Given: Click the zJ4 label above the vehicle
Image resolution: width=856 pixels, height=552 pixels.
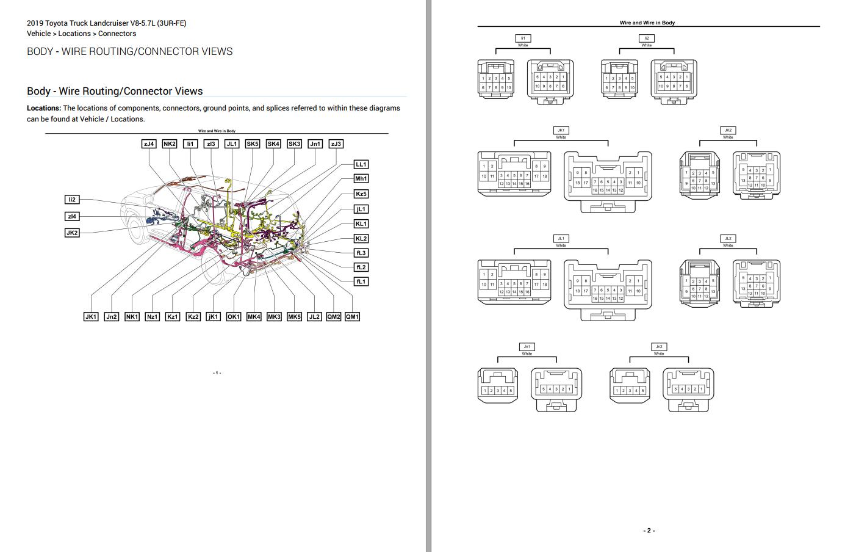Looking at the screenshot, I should click(x=149, y=144).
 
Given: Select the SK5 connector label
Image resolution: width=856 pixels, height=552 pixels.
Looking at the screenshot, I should click(x=252, y=144).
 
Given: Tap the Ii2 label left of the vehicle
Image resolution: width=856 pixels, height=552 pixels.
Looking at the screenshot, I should click(x=72, y=200).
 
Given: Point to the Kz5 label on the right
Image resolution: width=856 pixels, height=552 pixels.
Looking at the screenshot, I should click(x=361, y=194).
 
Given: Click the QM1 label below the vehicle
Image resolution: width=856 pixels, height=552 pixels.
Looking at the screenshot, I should click(x=352, y=317).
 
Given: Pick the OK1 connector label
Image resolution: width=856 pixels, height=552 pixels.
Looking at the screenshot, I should click(x=233, y=317).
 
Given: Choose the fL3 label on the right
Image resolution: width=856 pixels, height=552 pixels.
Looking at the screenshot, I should click(x=361, y=253).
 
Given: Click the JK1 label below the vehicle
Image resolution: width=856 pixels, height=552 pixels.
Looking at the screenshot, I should click(x=91, y=317).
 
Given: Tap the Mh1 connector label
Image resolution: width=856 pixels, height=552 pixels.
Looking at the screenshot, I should click(x=361, y=179).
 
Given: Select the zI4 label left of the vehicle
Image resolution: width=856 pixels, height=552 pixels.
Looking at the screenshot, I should click(x=72, y=216).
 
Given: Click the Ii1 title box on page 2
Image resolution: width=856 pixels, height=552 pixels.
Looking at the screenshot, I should click(x=523, y=38).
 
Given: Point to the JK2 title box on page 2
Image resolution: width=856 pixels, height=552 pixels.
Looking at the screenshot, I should click(x=728, y=130).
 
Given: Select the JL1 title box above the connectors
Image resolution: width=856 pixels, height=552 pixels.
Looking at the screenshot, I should click(x=561, y=238).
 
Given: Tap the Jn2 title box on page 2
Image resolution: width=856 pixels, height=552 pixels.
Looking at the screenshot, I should click(x=659, y=346).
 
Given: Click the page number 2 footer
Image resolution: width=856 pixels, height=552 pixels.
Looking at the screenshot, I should click(x=649, y=531).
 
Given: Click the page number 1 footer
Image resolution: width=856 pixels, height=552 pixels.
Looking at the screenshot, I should click(x=217, y=372).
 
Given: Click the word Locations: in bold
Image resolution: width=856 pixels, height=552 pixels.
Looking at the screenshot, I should click(x=44, y=108).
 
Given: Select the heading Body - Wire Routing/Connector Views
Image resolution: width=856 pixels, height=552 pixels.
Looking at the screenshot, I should click(x=115, y=91).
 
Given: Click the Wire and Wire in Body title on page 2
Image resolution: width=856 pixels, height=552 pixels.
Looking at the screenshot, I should click(x=647, y=23).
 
